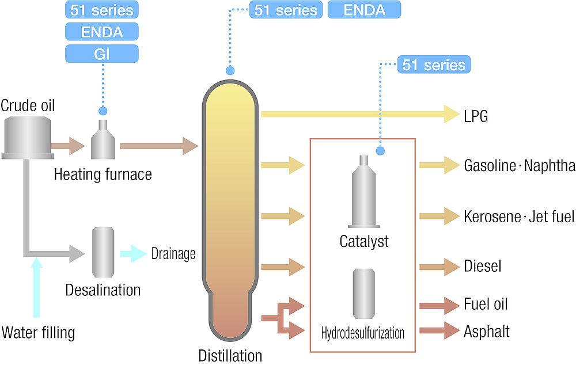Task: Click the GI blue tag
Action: [102, 54]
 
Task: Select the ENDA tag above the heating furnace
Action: [102, 32]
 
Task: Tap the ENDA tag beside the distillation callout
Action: [364, 10]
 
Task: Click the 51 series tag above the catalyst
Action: [434, 64]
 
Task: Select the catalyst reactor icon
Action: [363, 192]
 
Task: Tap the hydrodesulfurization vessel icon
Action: [363, 292]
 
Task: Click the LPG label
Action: [476, 116]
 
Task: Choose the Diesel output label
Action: [483, 267]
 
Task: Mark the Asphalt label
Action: [487, 332]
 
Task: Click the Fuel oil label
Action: [486, 304]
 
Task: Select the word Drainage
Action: [173, 253]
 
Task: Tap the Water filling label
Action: [39, 333]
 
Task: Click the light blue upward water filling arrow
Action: [37, 288]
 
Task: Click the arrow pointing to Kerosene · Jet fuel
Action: [438, 216]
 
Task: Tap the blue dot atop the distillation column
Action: [230, 71]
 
